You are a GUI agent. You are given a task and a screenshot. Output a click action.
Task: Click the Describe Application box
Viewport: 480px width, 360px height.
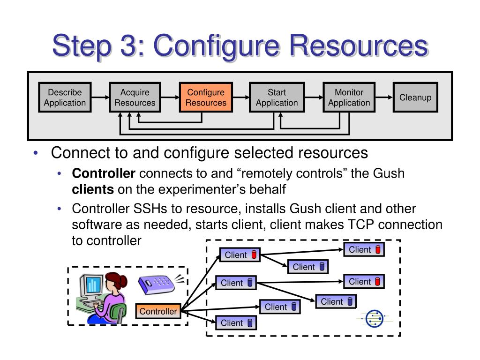click(x=65, y=97)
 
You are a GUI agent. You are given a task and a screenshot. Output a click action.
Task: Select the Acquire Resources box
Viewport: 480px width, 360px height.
click(x=135, y=97)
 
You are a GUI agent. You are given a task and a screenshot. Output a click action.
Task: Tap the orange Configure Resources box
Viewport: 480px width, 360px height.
click(x=206, y=97)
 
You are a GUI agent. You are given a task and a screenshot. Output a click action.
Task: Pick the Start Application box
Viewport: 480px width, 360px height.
click(x=277, y=97)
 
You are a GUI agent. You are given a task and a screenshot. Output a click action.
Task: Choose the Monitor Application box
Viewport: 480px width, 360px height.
click(x=349, y=97)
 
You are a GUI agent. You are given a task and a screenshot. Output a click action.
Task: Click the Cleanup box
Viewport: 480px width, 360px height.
click(x=415, y=97)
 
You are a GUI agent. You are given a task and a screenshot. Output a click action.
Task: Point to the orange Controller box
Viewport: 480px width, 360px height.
click(x=158, y=311)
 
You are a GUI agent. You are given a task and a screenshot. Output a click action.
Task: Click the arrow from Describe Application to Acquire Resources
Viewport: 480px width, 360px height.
click(x=100, y=97)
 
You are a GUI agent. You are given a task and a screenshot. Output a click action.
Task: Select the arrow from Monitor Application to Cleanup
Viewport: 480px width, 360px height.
click(x=384, y=97)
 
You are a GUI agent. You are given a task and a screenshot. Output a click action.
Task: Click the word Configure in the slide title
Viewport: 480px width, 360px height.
click(x=216, y=46)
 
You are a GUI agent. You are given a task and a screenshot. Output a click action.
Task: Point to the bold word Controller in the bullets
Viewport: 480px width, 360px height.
click(x=104, y=173)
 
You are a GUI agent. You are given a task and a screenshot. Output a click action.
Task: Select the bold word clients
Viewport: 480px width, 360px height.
click(x=93, y=189)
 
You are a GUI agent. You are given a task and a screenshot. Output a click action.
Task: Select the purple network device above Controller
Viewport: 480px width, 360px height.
click(x=156, y=285)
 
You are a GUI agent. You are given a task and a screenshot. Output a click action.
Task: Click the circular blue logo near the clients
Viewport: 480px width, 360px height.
click(x=375, y=318)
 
